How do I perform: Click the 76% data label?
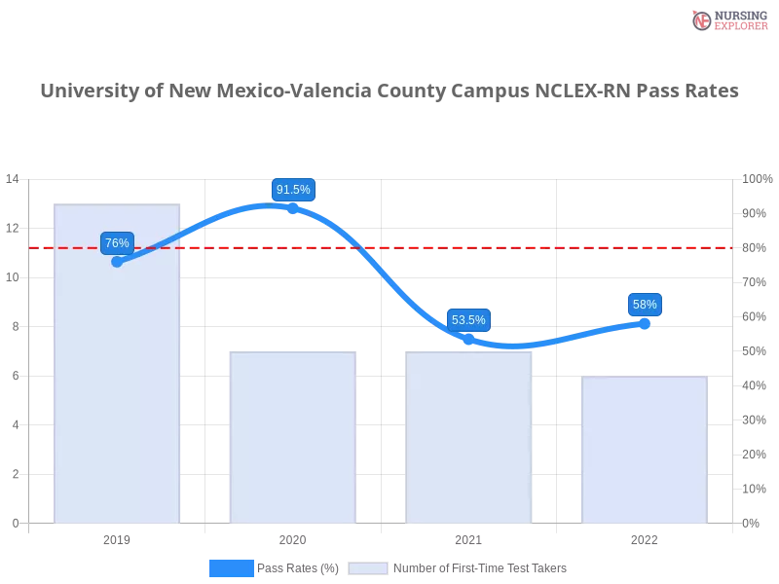pos(117,242)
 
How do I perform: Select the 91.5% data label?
pos(293,189)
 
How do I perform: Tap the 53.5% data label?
pos(468,319)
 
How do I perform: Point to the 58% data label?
pos(645,305)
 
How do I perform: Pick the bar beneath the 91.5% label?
pos(292,438)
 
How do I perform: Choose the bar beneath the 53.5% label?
pos(471,438)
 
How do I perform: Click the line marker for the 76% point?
pos(117,261)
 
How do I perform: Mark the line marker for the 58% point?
pos(645,322)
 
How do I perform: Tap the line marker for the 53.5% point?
pos(468,337)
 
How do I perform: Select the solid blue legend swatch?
pos(231,567)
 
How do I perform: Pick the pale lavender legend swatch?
pos(368,567)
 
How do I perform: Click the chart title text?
pos(389,91)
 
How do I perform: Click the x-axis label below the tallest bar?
pos(117,537)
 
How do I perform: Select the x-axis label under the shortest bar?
pos(645,537)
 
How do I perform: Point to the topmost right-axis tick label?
pos(757,178)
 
